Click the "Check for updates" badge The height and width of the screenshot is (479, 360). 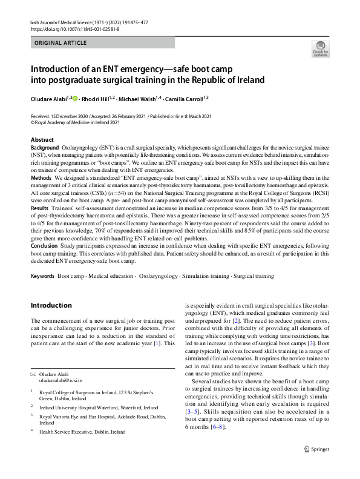(x=320, y=48)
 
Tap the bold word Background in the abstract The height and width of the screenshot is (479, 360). (x=45, y=148)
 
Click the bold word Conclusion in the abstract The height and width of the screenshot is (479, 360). (x=44, y=247)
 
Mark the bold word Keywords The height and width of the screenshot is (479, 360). (x=42, y=277)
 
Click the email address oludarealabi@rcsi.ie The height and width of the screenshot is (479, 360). (x=64, y=382)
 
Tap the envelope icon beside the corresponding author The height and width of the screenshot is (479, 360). (x=33, y=375)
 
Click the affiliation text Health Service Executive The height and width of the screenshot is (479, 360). (x=82, y=432)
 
